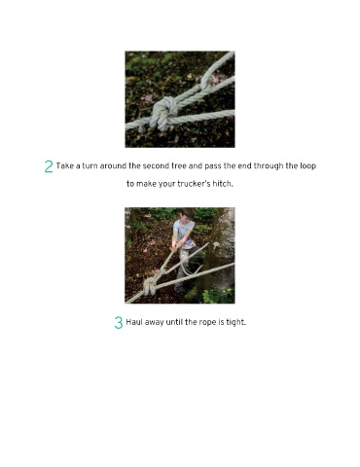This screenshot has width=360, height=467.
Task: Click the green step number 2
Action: pos(49,166)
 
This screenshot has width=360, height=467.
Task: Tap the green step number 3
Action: pos(119,323)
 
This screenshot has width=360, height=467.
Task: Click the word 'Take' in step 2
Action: pos(65,166)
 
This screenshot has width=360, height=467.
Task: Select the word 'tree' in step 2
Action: pos(179,166)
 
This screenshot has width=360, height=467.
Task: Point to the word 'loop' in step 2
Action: pos(308,166)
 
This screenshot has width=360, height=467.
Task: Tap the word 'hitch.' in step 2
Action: pos(223,184)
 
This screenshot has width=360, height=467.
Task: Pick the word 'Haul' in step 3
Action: pos(134,322)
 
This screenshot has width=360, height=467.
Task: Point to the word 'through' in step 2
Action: pos(269,166)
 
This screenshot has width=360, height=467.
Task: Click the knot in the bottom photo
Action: pos(149,286)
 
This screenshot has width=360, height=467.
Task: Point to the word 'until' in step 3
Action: pos(175,322)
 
